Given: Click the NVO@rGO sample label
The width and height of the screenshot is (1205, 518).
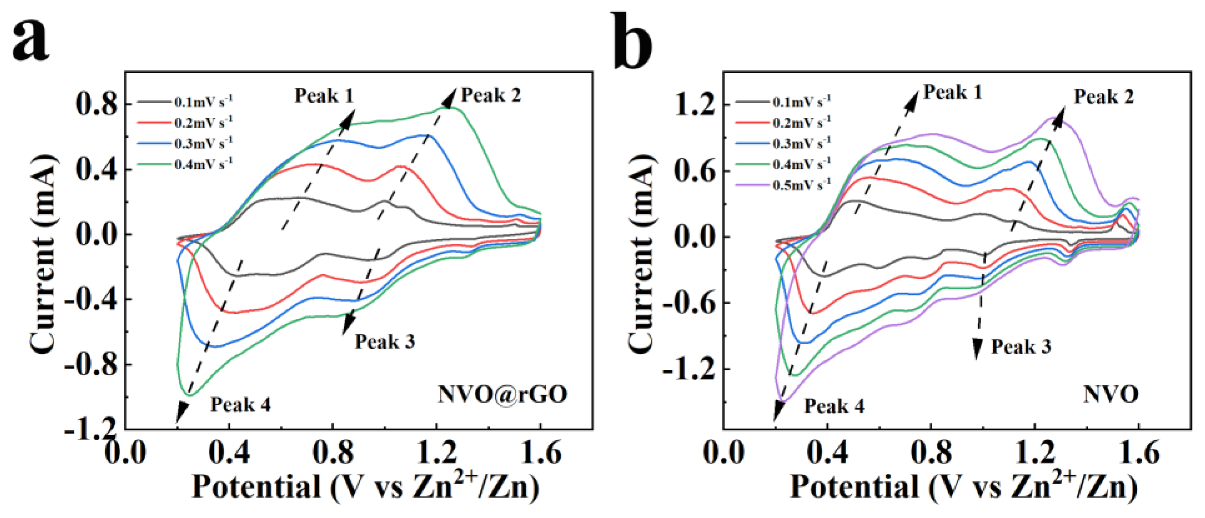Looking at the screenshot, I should click(502, 394).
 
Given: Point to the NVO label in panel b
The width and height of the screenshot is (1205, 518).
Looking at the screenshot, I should click(1111, 394).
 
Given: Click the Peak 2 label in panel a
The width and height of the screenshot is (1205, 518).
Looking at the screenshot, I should click(491, 95).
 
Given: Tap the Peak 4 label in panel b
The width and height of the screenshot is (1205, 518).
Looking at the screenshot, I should click(834, 406).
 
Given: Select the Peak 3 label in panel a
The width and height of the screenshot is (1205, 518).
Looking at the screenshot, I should click(384, 342).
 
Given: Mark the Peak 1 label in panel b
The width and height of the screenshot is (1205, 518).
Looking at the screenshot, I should click(952, 92).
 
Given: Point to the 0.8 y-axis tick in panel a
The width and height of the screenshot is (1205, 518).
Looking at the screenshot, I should click(96, 104).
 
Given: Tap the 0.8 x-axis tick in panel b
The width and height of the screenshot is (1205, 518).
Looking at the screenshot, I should click(931, 453).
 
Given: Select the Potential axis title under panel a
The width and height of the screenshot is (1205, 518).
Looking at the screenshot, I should click(365, 487).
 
